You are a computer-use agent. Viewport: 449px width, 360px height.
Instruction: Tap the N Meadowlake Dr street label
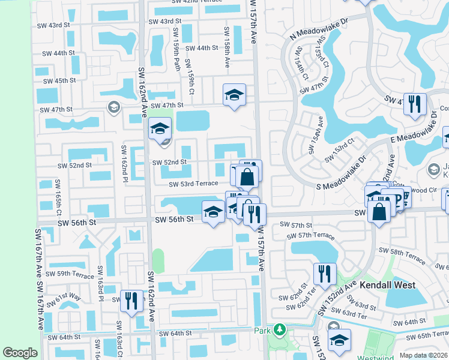click(x=319, y=28)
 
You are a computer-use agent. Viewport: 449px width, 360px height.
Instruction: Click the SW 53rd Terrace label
click(x=193, y=184)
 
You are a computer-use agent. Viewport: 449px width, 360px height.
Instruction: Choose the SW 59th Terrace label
click(x=75, y=275)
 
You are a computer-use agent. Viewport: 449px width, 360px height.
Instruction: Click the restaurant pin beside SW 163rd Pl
click(x=131, y=300)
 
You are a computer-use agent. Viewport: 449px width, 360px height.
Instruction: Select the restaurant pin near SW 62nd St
click(x=324, y=274)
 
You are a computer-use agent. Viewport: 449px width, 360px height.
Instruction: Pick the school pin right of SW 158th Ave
click(x=235, y=94)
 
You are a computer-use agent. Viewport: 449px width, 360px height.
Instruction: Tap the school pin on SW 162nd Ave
click(x=160, y=128)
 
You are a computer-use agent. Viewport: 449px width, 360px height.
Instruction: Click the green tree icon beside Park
click(x=278, y=329)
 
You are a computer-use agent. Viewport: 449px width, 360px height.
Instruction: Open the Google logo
click(x=20, y=353)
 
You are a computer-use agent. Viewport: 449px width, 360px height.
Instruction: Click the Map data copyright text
click(x=423, y=355)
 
